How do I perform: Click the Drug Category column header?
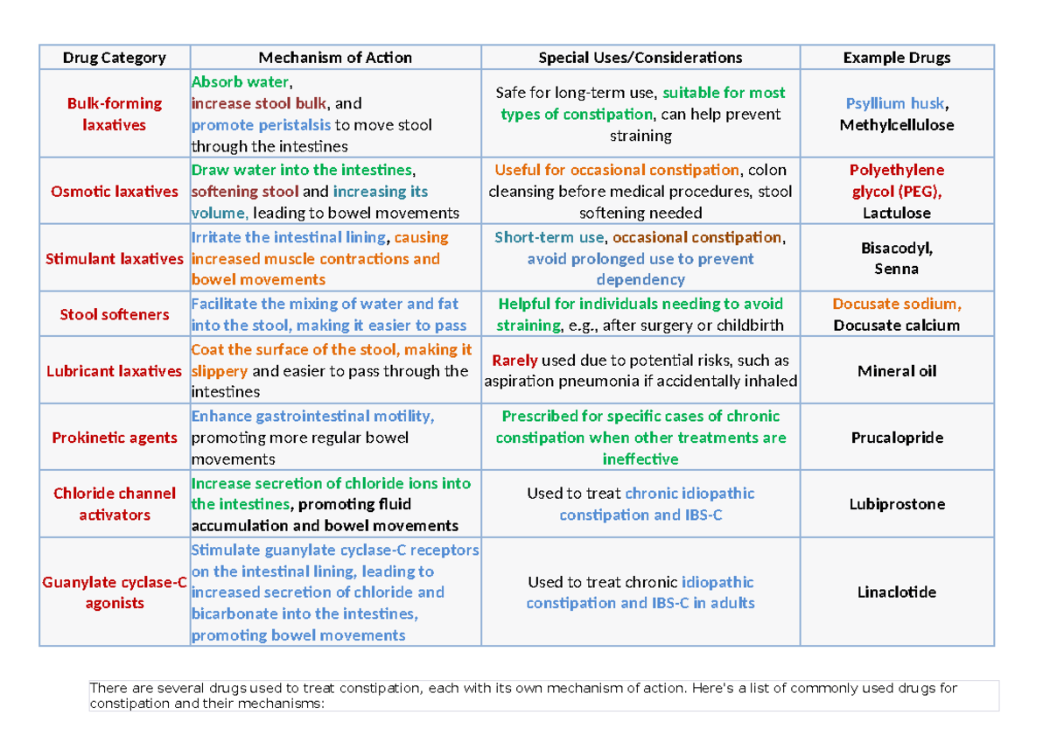tap(114, 58)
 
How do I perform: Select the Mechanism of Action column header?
tap(335, 58)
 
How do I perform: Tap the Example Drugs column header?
tap(896, 58)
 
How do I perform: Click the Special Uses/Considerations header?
tap(640, 58)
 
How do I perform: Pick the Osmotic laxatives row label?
tap(114, 192)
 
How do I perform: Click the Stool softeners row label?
tap(114, 314)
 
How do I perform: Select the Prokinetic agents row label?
tap(114, 438)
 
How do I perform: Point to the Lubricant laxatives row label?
tap(114, 371)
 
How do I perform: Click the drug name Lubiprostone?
tap(896, 504)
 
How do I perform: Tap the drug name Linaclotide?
tap(896, 592)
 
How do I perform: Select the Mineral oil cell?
tap(896, 371)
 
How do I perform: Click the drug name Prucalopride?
tap(896, 438)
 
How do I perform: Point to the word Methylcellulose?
tap(896, 125)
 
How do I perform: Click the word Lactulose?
tap(896, 213)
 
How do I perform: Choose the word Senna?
tap(896, 269)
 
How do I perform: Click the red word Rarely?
tap(514, 361)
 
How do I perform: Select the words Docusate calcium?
tap(896, 326)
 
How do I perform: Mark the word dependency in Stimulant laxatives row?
tap(640, 280)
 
